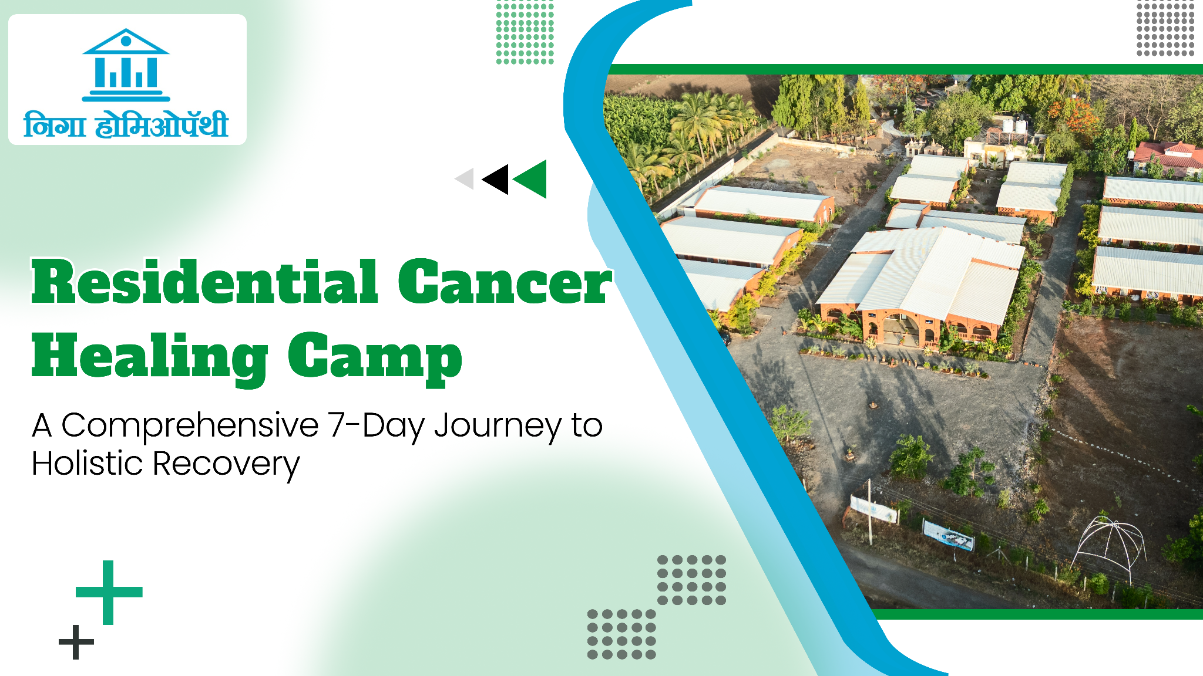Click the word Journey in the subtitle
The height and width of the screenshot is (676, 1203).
(498, 427)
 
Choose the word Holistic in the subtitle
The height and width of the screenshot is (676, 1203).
(88, 464)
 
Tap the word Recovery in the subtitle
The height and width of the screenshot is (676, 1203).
(226, 465)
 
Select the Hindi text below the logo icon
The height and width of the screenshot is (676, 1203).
(126, 124)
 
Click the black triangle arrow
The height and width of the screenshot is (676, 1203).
(495, 179)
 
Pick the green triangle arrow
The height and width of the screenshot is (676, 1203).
(530, 179)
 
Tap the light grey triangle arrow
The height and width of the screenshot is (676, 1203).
(465, 179)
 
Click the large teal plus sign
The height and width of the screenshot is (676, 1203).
(109, 592)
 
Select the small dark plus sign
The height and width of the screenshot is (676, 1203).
(76, 642)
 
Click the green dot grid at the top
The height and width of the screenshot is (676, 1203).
(525, 32)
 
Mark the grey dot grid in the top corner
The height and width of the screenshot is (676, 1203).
(1165, 28)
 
